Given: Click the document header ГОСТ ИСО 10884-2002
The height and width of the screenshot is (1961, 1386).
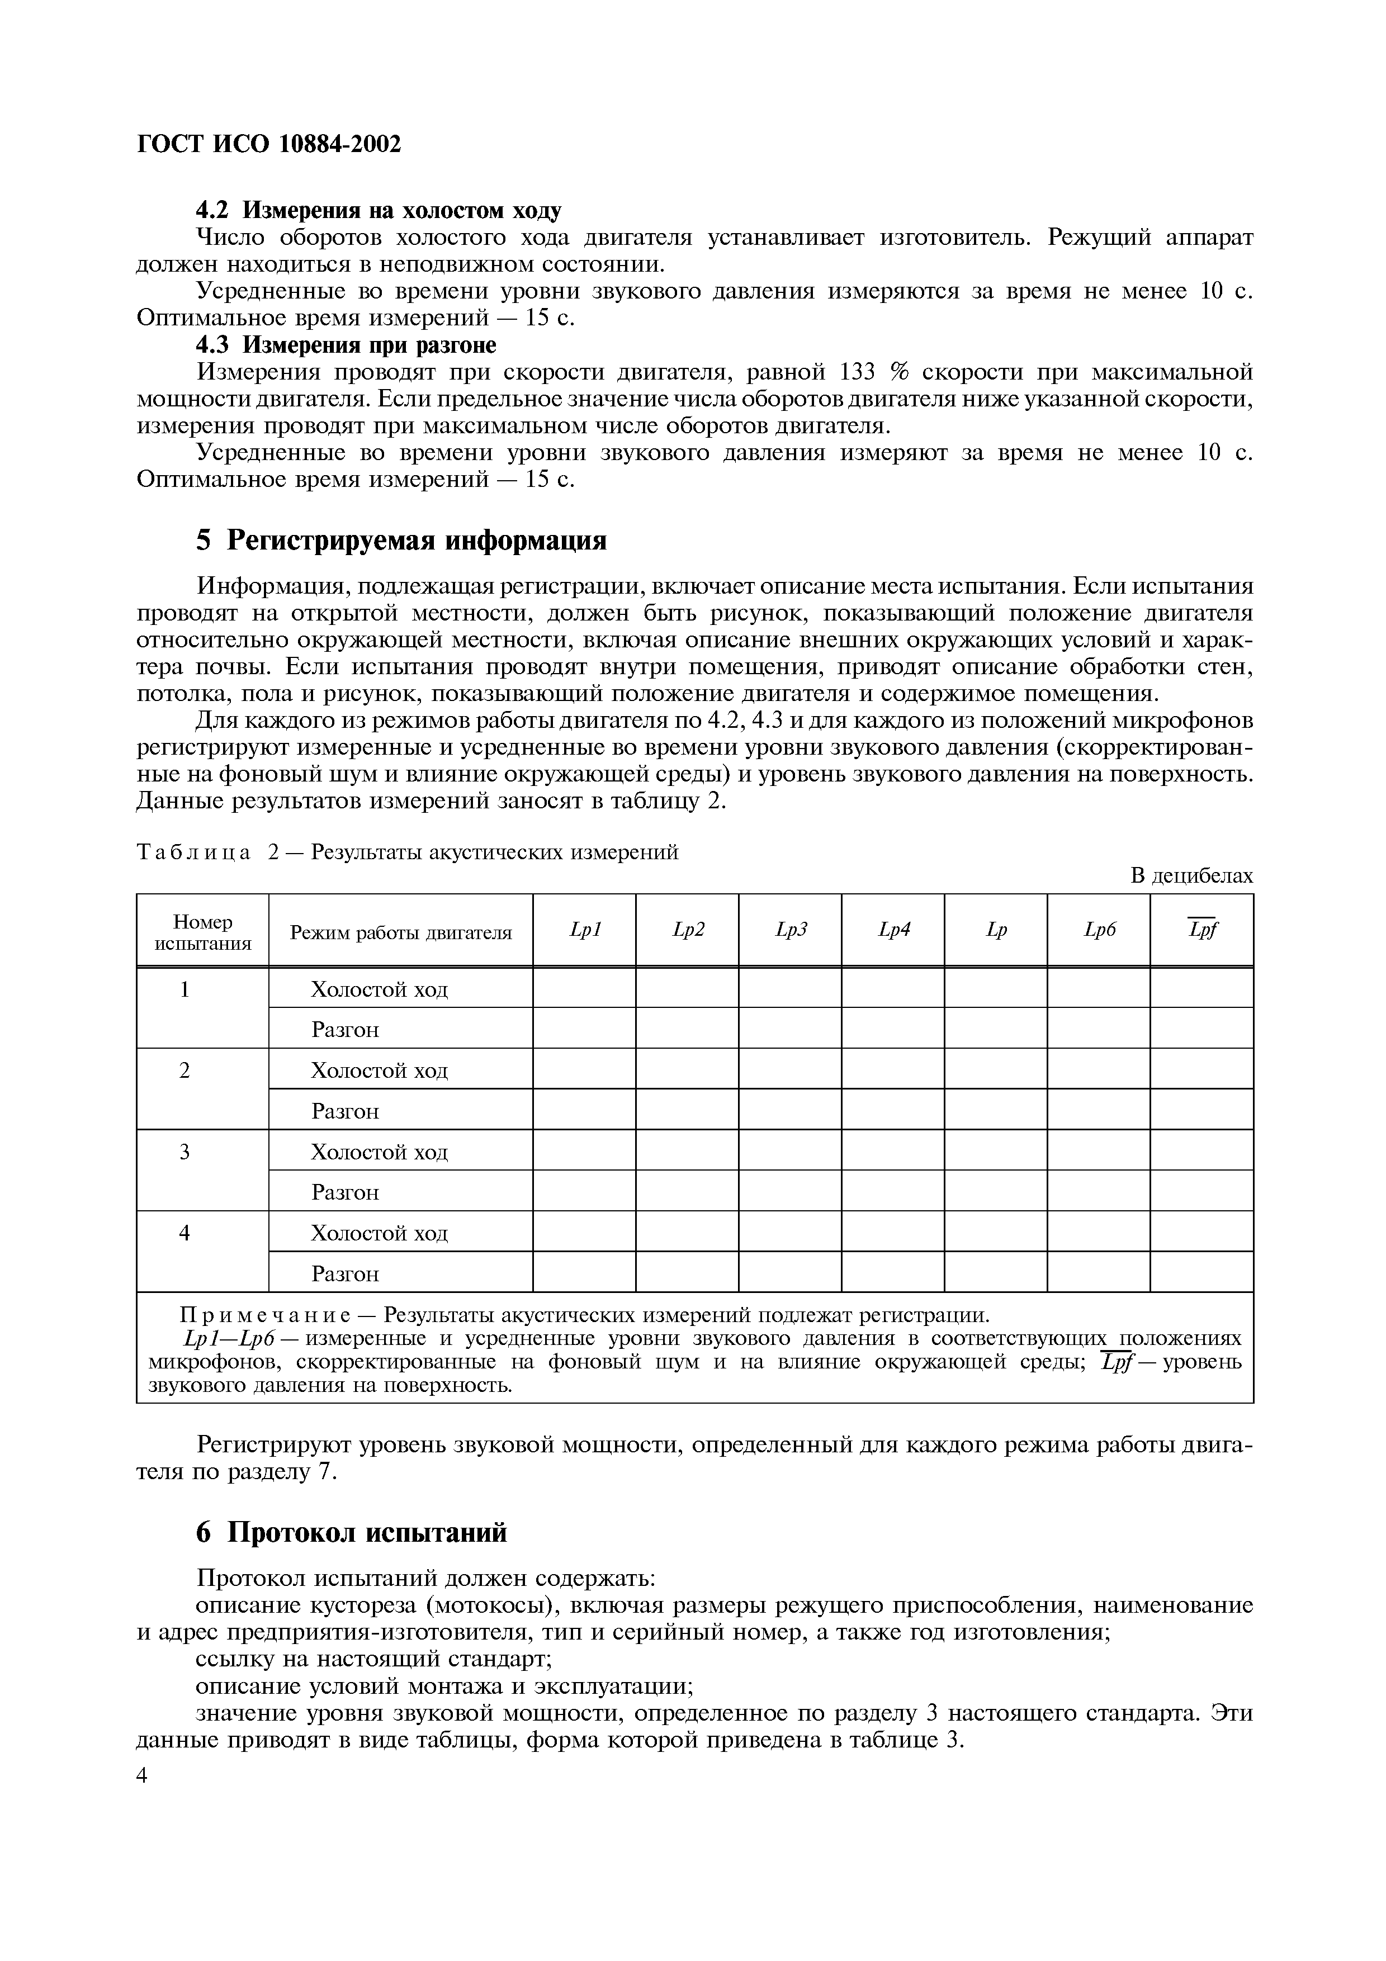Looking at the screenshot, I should coord(268,144).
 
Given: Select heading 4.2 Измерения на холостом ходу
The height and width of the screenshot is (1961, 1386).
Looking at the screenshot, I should coord(379,210).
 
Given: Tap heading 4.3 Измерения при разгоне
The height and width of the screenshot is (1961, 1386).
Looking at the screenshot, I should coord(346,345).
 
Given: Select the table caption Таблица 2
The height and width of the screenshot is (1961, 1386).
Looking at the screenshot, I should coord(195,852).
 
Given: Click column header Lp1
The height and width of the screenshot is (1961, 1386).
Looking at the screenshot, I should coord(585,930).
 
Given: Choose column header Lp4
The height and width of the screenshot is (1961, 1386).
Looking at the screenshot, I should coord(893,930).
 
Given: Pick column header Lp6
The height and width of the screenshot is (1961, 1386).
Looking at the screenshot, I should coord(1099,930).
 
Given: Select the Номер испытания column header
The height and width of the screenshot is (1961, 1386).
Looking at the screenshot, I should coord(202,932).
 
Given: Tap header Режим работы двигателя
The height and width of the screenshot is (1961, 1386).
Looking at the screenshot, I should coord(400,932).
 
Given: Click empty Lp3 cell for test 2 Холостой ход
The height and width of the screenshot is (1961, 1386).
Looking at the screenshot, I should coord(790,1069).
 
